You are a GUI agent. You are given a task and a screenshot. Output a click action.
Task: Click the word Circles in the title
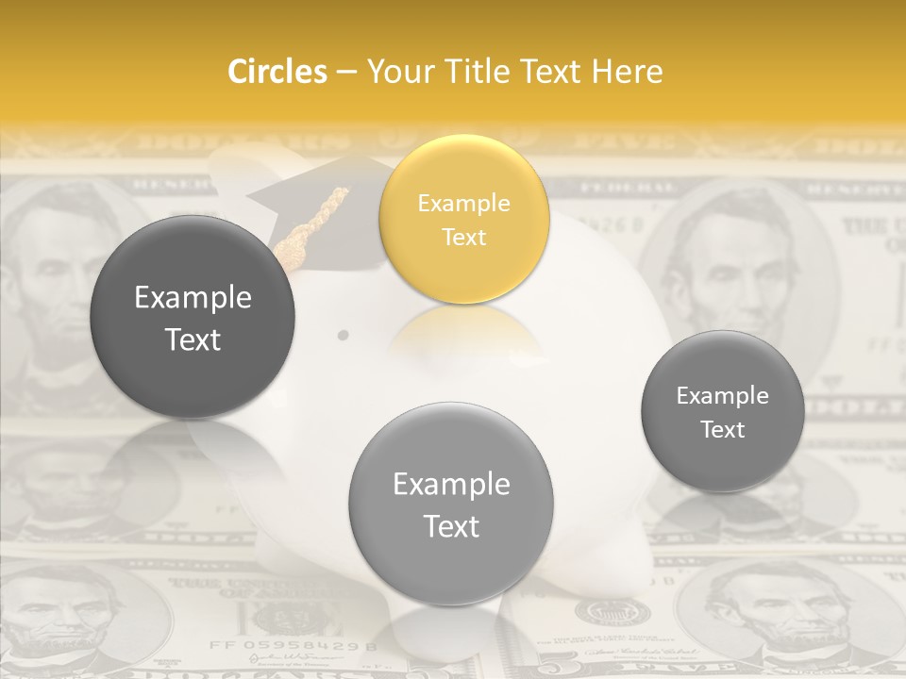277,72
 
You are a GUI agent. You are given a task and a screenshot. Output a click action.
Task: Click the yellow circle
463,219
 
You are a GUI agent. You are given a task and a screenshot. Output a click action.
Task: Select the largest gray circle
193,317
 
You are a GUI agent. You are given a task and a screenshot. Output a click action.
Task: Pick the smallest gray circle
722,411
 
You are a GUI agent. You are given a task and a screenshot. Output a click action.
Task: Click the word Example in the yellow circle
463,203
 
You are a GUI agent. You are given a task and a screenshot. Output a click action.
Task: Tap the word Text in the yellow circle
463,237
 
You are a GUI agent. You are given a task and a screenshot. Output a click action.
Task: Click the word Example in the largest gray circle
193,298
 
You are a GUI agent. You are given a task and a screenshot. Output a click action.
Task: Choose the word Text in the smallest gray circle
722,429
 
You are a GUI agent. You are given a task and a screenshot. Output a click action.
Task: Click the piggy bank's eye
343,335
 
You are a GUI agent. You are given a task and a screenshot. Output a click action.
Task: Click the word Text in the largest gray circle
193,339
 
